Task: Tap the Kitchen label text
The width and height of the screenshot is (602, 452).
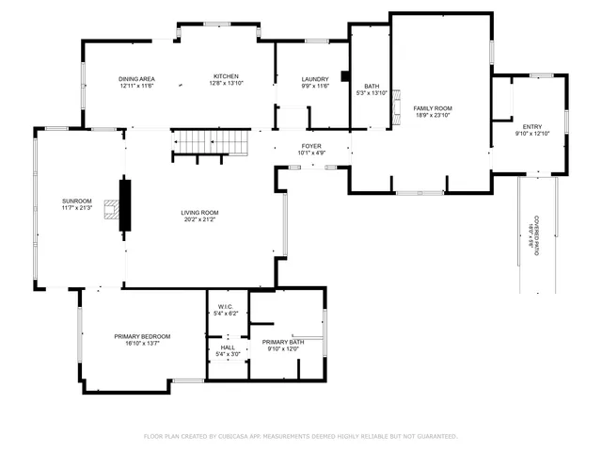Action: tap(226, 77)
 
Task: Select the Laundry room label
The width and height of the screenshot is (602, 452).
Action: tap(315, 79)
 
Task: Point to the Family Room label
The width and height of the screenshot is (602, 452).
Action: tap(433, 108)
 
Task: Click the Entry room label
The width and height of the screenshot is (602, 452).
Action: tap(532, 126)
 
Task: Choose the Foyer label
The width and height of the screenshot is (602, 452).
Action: tap(311, 146)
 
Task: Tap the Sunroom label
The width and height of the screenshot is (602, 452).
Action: tap(77, 201)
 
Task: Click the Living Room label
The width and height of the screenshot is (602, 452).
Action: tap(199, 213)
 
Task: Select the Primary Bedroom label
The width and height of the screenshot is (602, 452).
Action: tap(142, 336)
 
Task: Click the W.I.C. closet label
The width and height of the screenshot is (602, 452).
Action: tap(226, 306)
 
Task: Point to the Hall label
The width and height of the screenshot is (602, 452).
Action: tap(227, 347)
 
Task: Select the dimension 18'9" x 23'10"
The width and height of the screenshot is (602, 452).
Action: tap(433, 115)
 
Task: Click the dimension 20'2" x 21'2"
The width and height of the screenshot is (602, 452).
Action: tap(199, 219)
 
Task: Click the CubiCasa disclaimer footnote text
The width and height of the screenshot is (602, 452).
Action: tap(300, 436)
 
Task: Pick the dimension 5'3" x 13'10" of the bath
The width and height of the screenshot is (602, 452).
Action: tap(365, 92)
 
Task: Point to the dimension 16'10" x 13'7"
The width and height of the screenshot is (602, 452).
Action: tap(142, 344)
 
